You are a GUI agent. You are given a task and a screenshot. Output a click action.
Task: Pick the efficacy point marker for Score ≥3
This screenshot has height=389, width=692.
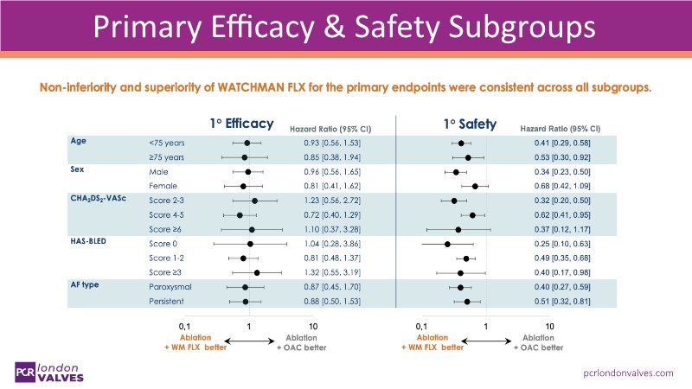pos(257,273)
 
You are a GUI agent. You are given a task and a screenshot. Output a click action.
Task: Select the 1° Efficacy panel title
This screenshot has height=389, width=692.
pos(241,123)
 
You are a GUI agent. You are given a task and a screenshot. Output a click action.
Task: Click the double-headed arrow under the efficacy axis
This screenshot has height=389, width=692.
pos(249,341)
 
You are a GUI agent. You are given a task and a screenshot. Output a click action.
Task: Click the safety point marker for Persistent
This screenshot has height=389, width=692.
pos(467,302)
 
